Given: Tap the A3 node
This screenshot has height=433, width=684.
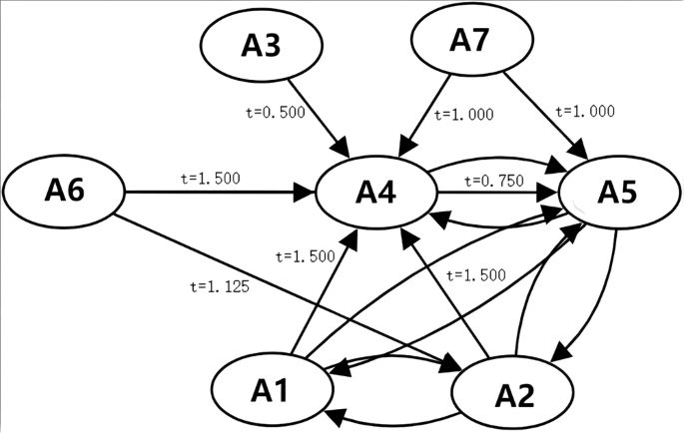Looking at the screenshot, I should coord(262,45).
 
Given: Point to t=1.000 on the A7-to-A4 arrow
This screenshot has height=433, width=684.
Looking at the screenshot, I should coord(464,115).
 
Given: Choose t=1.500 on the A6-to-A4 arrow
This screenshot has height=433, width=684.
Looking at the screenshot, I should coord(211,178).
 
